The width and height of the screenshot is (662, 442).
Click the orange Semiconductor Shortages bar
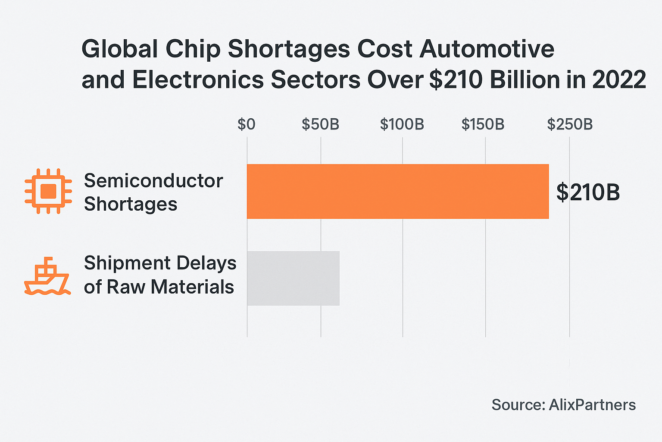(x=397, y=191)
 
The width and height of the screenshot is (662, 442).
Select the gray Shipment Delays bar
(x=293, y=278)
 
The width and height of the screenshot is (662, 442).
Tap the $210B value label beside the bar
(x=588, y=192)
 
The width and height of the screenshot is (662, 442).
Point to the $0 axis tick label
(x=247, y=124)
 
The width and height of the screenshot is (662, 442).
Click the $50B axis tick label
(x=320, y=124)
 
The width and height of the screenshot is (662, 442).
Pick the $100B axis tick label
(x=402, y=124)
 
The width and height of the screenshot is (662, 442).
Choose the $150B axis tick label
(x=483, y=124)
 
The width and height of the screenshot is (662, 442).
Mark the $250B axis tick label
(x=570, y=124)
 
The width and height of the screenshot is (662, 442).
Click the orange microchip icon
(x=48, y=191)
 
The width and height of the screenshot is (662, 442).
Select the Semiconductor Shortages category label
(x=153, y=192)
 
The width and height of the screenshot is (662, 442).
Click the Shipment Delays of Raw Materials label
(x=160, y=275)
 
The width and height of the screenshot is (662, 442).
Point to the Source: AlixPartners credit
(x=563, y=405)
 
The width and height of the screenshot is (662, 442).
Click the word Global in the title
(x=120, y=49)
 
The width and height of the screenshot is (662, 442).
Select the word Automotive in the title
(x=487, y=49)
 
